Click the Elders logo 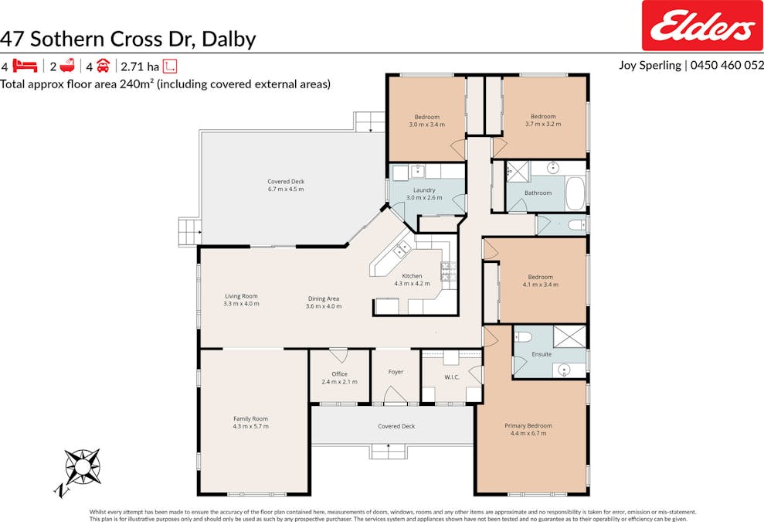click(x=701, y=27)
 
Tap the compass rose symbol click(x=82, y=467)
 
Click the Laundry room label click(x=424, y=190)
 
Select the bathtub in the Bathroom click(x=576, y=193)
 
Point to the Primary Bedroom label click(x=528, y=425)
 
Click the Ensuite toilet click(x=523, y=336)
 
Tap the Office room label click(x=339, y=374)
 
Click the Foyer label click(x=396, y=372)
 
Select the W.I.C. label click(x=452, y=377)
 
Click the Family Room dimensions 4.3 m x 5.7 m click(x=250, y=426)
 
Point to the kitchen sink click(x=402, y=249)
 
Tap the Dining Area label click(x=323, y=299)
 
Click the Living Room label click(x=241, y=296)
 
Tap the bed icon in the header click(x=25, y=66)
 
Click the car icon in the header click(x=103, y=66)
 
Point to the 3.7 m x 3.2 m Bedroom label click(x=543, y=120)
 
